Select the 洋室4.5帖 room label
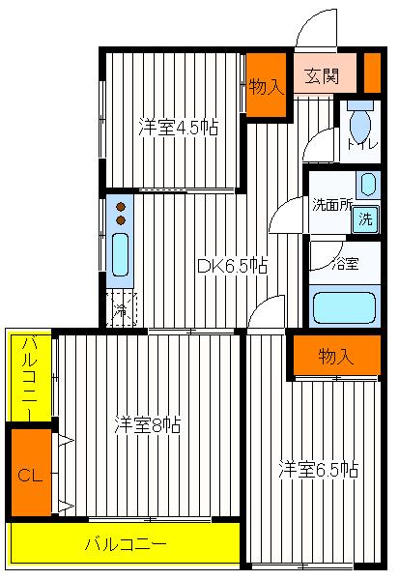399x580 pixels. [x=177, y=128]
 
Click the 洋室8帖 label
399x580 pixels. [x=147, y=423]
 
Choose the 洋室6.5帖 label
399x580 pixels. [x=319, y=470]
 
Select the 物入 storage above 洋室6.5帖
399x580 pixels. [x=335, y=356]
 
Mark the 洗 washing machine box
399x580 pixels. [x=364, y=218]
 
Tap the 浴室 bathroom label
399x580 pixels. [x=345, y=263]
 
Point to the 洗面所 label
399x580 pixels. [x=330, y=205]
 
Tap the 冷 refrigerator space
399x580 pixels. [x=121, y=309]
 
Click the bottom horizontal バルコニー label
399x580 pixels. [x=126, y=544]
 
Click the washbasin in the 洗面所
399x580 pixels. [x=367, y=184]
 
